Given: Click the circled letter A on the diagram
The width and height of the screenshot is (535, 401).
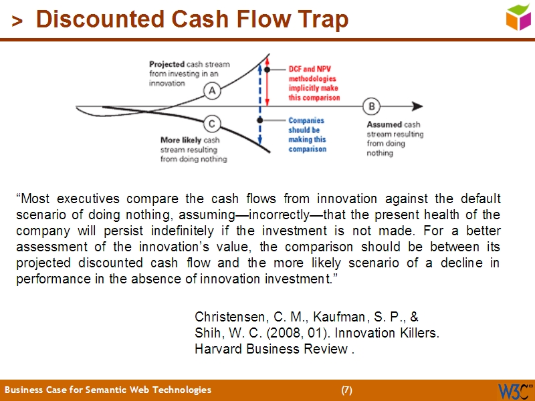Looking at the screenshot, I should click(212, 90).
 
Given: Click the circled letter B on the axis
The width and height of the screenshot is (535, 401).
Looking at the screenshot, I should click(371, 106).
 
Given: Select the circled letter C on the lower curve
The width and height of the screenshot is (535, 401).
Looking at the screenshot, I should click(212, 124).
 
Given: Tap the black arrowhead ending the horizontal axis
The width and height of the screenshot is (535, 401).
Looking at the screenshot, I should click(417, 106).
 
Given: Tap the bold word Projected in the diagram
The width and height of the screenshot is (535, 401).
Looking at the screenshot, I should click(167, 65).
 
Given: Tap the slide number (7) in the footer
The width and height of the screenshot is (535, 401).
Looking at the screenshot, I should click(346, 390).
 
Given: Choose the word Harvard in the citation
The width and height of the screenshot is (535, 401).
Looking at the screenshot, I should click(218, 348).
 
